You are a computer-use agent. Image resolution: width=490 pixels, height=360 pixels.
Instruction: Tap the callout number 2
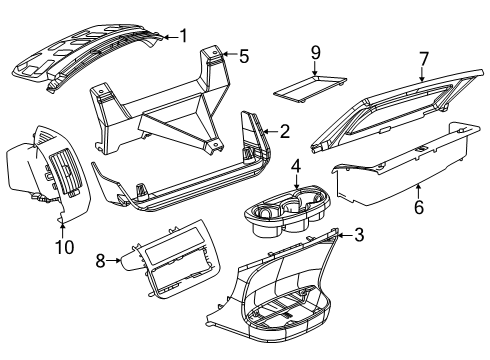coord(284,130)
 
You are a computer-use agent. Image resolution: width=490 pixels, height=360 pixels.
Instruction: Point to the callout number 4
coord(296,168)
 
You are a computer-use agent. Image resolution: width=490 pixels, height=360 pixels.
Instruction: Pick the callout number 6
coord(419,207)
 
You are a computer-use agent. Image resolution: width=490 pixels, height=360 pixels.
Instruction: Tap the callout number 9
coord(314,51)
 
